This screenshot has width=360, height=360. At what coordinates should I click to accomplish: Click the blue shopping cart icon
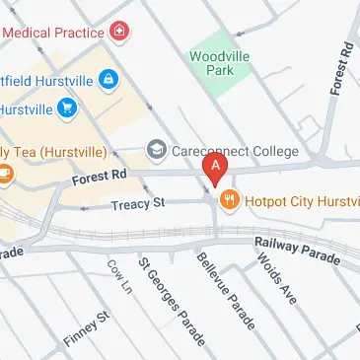pos(66,107)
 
